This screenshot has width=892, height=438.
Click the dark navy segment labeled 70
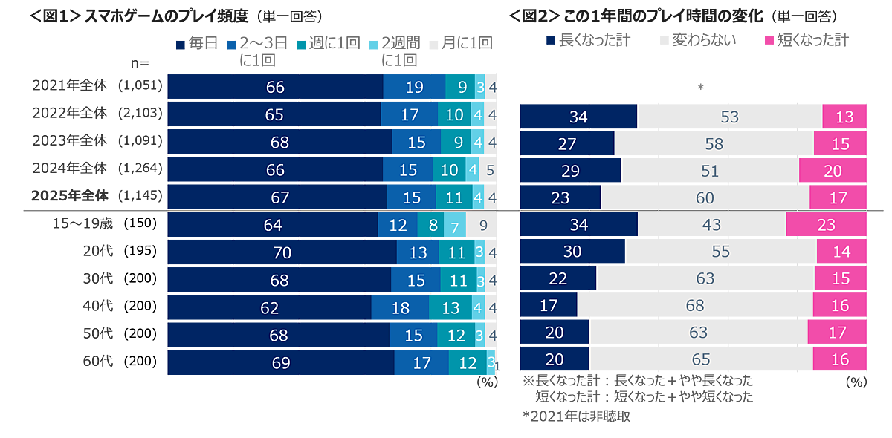point(282,252)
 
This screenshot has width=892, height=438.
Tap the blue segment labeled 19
point(414,87)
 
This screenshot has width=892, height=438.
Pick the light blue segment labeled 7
point(455,225)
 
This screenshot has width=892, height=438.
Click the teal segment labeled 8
point(432,225)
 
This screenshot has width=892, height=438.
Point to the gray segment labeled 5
point(489,170)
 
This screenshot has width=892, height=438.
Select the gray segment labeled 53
point(729,117)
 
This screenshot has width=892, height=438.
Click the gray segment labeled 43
point(711,225)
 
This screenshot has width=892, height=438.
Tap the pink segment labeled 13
point(844,117)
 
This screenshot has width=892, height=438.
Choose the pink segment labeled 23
point(826,225)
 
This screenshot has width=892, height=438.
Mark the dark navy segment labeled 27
point(566,144)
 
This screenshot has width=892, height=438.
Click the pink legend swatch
point(775,40)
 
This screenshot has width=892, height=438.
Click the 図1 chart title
point(164,15)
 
